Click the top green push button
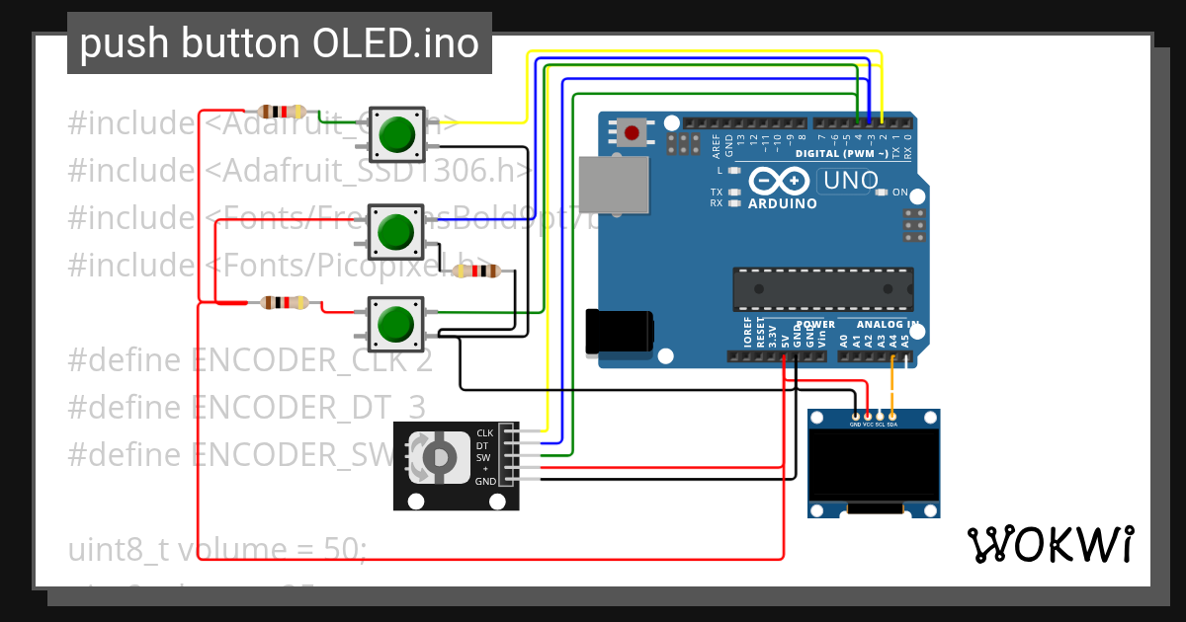coord(396,133)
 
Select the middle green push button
coord(395,230)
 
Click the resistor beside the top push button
coord(284,112)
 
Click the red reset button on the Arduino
coord(632,131)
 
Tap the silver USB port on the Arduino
coord(614,185)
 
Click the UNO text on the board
coord(850,181)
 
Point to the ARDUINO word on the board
coord(783,203)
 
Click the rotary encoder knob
coord(439,456)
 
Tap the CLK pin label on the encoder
coord(484,433)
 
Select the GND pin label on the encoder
coord(485,482)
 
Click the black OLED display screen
coord(874,464)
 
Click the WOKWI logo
coord(1050,544)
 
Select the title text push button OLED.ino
coord(279,43)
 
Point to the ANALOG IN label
coord(888,324)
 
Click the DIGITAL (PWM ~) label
coord(841,154)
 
